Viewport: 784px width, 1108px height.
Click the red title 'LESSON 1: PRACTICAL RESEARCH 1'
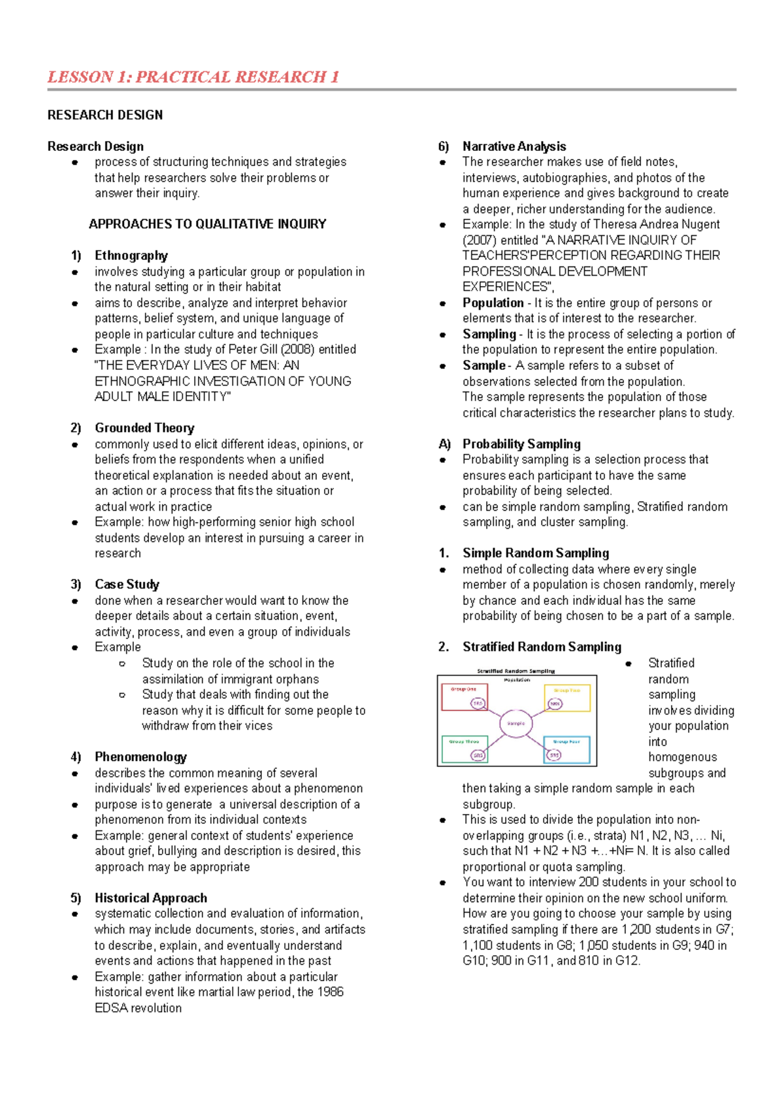193,77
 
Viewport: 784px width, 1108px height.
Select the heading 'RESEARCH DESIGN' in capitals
105,115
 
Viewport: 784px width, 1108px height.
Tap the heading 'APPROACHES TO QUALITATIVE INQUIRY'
207,224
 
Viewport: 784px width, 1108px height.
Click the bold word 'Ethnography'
131,255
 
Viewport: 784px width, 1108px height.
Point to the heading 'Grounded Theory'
144,428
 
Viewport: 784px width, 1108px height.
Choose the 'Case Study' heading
127,584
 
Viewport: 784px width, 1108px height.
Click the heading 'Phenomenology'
140,757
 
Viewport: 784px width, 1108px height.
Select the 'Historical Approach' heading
151,898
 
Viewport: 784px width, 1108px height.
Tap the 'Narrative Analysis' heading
514,146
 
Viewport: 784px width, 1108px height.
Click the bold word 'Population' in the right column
493,302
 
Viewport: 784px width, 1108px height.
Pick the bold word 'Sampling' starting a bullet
489,334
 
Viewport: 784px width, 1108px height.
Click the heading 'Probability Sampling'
521,444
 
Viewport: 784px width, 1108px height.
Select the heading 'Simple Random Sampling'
536,553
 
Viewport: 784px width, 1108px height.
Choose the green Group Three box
465,749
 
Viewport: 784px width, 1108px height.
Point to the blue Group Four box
566,749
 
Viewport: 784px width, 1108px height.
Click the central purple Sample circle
516,723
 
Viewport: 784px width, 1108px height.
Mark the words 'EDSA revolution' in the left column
139,1008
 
